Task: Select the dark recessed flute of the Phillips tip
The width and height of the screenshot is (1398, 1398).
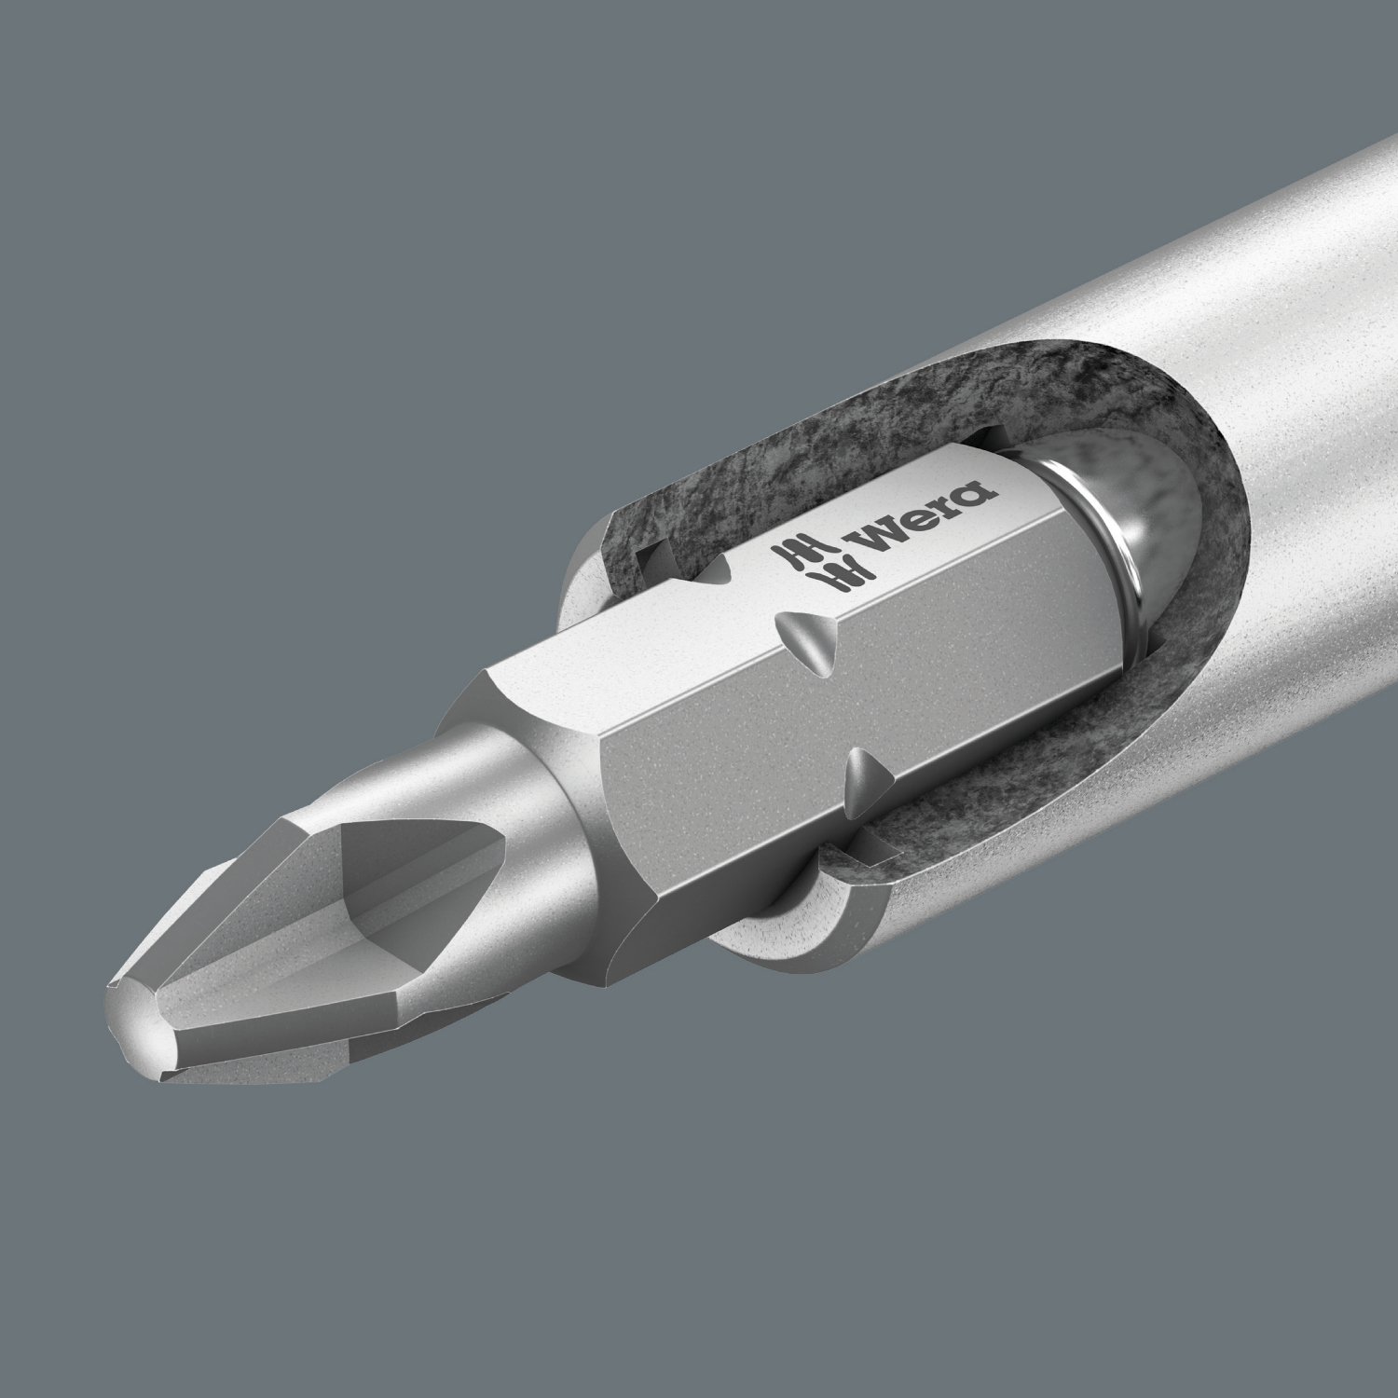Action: pyautogui.click(x=391, y=876)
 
